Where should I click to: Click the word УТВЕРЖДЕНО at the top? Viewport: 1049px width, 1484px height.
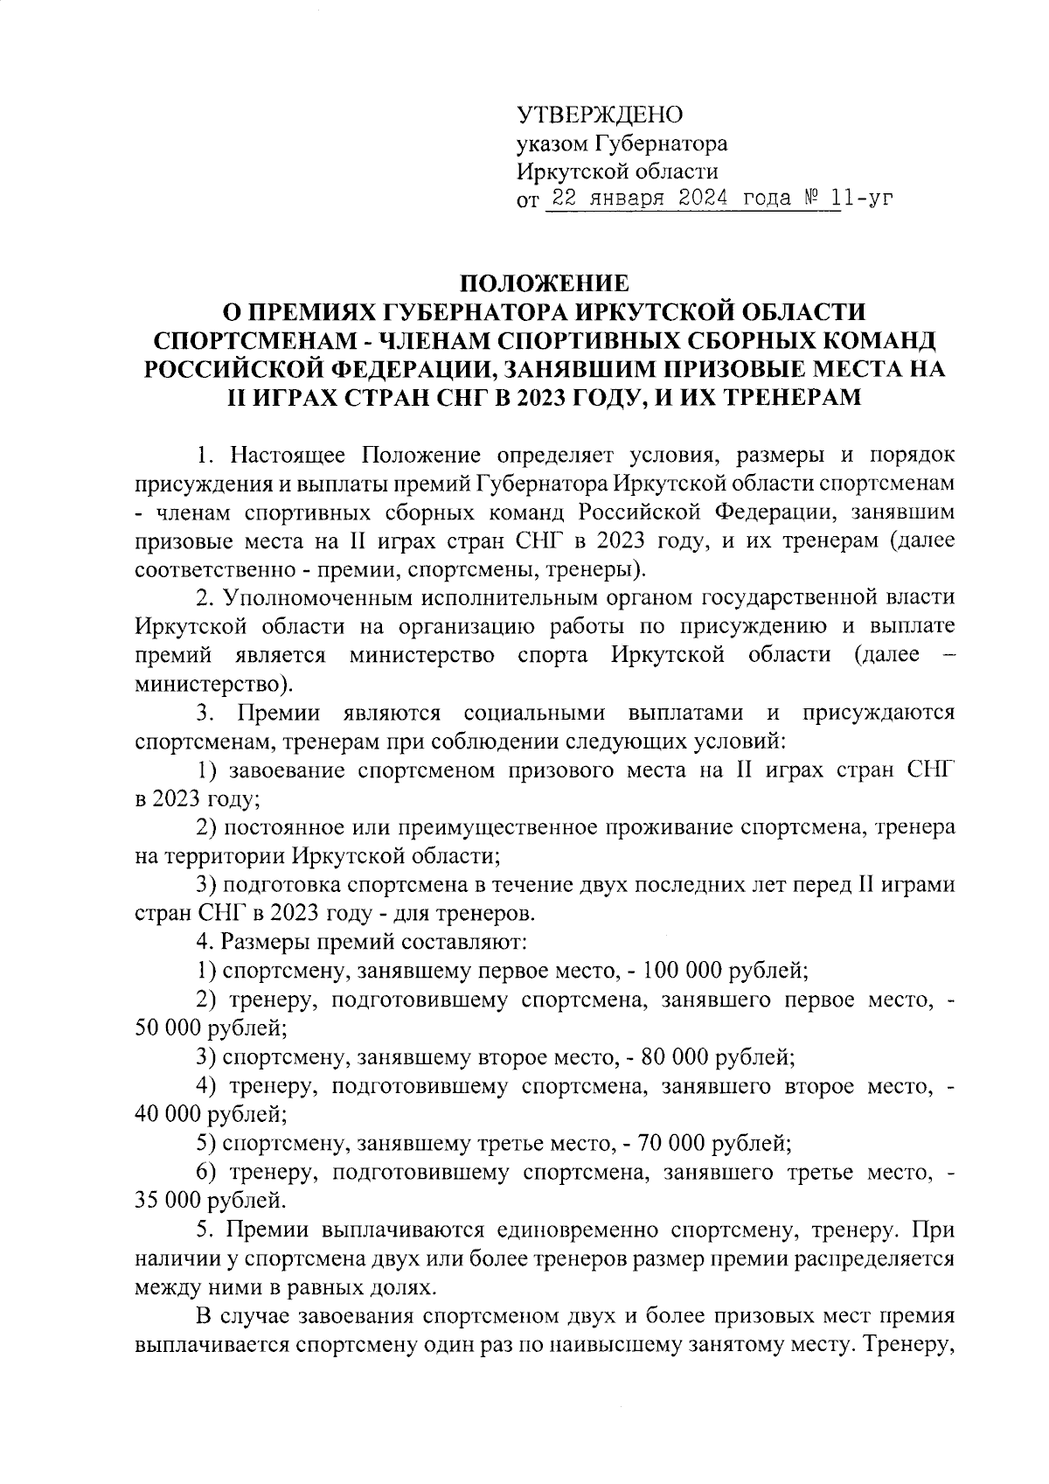(600, 115)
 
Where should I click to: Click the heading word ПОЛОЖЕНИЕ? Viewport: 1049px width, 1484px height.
(545, 284)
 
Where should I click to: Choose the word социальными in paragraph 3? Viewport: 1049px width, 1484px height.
(536, 713)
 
